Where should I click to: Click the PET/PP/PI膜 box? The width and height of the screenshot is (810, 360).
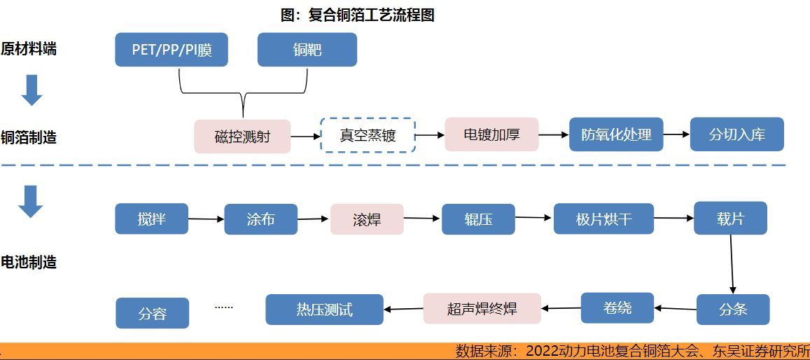172,50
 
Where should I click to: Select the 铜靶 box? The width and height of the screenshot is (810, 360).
307,50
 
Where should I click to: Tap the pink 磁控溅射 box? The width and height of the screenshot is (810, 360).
242,137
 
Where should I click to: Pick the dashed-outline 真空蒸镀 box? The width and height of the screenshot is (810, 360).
368,135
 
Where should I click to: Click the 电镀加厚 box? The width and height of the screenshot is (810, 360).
491,134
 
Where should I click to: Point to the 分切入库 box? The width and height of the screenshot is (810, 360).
736,134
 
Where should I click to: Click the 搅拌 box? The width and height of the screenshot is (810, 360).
152,219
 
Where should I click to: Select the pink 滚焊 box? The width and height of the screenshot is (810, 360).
367,219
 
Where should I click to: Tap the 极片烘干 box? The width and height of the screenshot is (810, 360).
603,219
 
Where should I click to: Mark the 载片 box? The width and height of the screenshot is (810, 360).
730,219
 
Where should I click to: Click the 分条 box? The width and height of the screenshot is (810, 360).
733,309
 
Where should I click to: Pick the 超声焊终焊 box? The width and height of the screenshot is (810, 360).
482,308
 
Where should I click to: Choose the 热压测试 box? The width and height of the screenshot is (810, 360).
324,309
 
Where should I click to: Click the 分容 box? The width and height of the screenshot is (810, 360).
152,313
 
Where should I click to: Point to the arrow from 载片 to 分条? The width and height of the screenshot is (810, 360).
732,264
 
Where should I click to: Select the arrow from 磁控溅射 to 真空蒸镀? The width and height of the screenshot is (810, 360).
305,137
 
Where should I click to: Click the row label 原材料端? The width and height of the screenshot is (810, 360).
29,49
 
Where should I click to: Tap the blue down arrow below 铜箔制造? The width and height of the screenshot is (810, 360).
31,202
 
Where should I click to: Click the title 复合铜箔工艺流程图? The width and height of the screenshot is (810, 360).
358,15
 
